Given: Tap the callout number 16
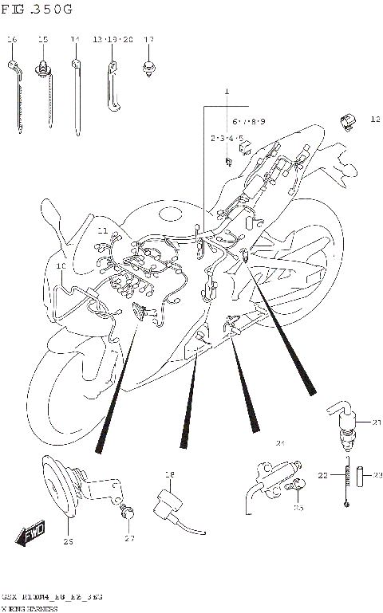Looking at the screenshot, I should [x=11, y=39].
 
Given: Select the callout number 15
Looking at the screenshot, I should [x=43, y=39].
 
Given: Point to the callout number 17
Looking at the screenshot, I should [x=148, y=39].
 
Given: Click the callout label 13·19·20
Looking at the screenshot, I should [x=112, y=39].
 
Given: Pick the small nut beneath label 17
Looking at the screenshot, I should [x=148, y=69].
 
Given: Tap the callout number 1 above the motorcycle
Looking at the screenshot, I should [x=226, y=92].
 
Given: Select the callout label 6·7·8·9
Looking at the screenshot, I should [x=248, y=121].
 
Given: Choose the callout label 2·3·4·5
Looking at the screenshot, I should [x=227, y=139].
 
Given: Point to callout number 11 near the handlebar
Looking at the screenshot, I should [x=102, y=230].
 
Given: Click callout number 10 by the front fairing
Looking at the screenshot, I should [x=61, y=265].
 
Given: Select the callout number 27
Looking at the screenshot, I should [x=129, y=540].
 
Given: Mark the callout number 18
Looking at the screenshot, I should [x=169, y=476].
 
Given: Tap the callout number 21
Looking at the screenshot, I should [x=377, y=422].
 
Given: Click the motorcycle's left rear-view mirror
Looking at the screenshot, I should [x=51, y=213].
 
